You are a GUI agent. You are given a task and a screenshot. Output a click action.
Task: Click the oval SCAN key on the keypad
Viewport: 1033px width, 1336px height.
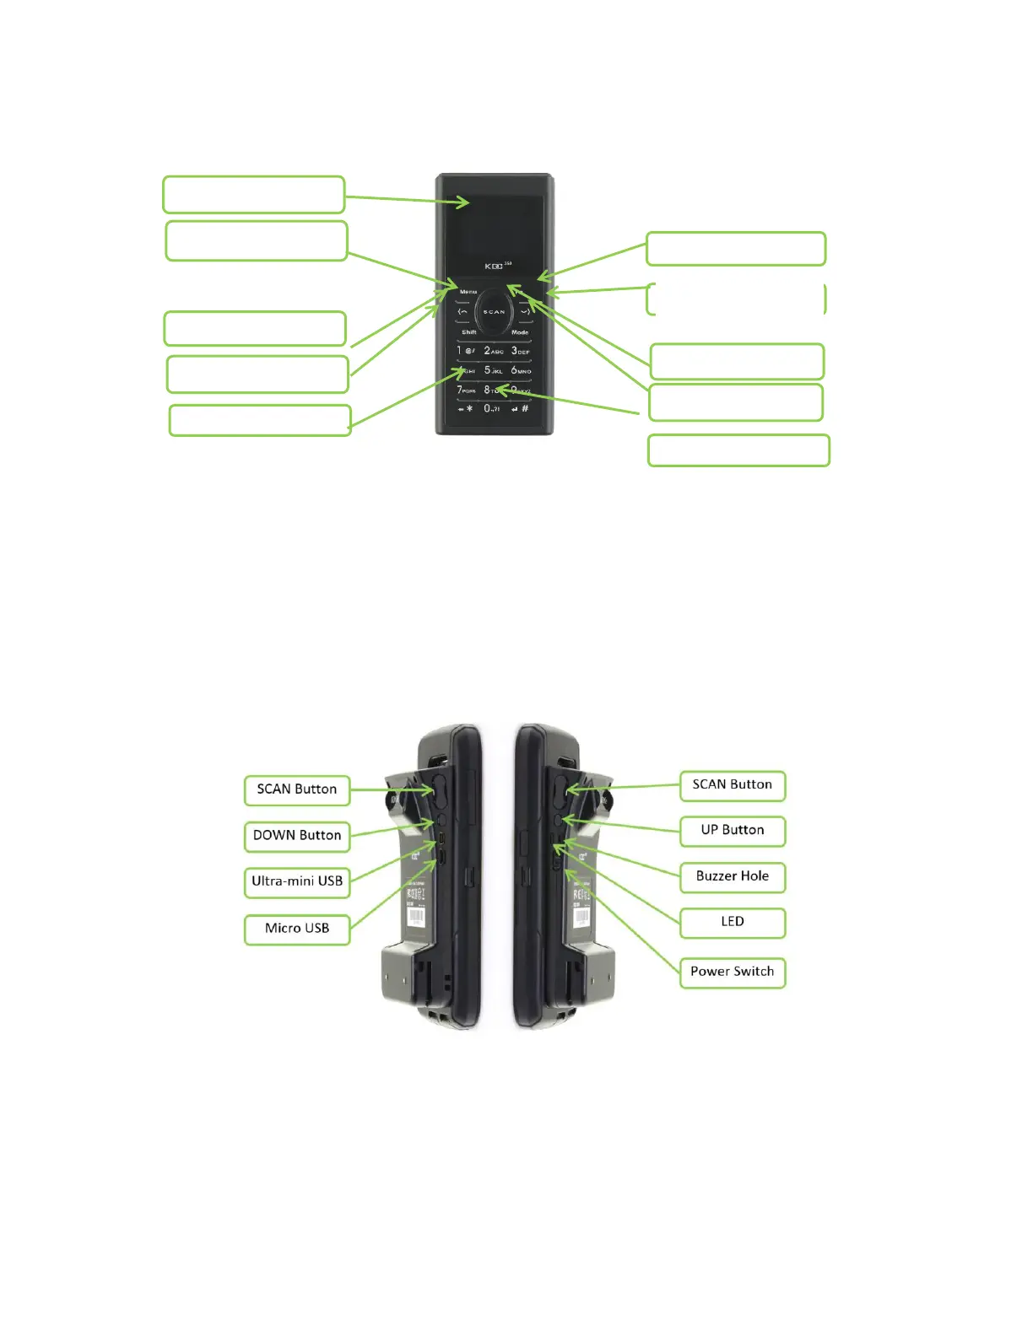(494, 312)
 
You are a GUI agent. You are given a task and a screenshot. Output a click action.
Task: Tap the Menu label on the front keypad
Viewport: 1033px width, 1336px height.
(468, 292)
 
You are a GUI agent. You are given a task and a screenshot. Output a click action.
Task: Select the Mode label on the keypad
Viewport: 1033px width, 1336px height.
(520, 332)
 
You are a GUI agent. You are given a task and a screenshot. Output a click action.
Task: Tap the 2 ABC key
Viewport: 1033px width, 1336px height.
(493, 351)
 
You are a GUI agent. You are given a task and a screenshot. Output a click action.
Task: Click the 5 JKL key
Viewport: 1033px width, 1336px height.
(493, 370)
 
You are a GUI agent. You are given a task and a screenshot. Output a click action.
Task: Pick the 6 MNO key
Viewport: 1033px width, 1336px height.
(521, 370)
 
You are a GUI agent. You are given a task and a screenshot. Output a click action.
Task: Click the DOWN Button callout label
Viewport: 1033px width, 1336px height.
(297, 836)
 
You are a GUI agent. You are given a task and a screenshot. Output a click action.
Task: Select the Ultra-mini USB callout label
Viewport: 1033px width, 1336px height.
(297, 881)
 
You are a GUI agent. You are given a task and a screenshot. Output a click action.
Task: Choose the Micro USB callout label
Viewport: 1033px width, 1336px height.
(297, 929)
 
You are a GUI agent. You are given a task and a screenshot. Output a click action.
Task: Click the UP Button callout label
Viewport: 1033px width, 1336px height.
(733, 831)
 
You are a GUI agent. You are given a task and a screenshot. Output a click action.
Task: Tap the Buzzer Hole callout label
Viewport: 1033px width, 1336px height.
(733, 876)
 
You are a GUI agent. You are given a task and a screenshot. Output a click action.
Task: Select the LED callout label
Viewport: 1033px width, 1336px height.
(733, 922)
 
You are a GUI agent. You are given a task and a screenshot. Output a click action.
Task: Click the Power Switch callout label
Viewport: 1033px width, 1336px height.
(733, 972)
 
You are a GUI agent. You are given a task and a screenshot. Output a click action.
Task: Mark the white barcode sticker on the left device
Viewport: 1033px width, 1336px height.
(416, 916)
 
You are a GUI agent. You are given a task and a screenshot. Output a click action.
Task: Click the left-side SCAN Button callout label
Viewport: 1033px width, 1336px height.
(297, 789)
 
